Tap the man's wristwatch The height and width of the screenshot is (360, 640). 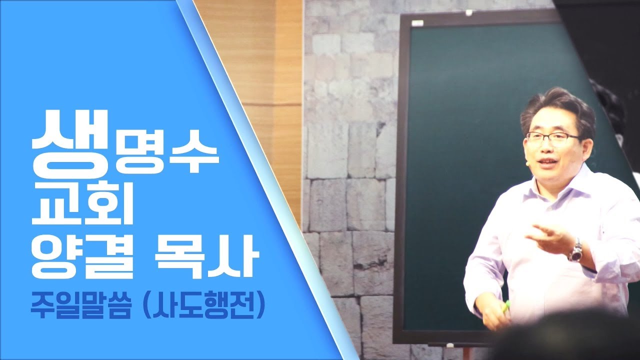[x=575, y=250]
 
